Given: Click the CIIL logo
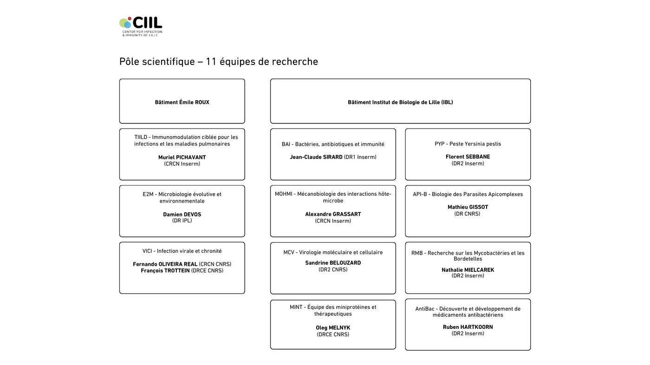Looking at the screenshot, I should [x=141, y=26].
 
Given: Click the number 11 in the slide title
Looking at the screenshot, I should [x=211, y=62].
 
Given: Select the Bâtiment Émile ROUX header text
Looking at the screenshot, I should [x=182, y=102].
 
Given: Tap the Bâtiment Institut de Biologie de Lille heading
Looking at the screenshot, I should [x=400, y=102].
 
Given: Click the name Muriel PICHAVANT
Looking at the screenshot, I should [x=182, y=158].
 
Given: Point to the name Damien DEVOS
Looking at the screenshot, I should [x=182, y=215].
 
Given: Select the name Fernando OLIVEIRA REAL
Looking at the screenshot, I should [x=165, y=264].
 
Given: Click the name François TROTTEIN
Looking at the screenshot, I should [x=165, y=271].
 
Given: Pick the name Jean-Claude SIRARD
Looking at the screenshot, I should [x=316, y=157].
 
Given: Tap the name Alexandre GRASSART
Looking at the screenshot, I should [x=333, y=214].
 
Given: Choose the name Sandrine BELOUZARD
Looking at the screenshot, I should [x=333, y=263].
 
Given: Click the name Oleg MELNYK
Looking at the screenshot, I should [x=333, y=328].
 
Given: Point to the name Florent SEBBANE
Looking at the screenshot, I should [x=468, y=157].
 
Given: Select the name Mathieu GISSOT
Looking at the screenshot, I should [x=468, y=207].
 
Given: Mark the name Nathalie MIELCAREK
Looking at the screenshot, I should [x=468, y=270].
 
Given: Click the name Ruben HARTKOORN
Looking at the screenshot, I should [x=468, y=327].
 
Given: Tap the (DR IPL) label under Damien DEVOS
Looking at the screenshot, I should [x=182, y=221].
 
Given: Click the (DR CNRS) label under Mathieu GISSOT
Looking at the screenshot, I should [x=467, y=214].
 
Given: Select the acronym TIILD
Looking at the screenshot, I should [x=141, y=137].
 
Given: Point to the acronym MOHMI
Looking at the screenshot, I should [x=283, y=194].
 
